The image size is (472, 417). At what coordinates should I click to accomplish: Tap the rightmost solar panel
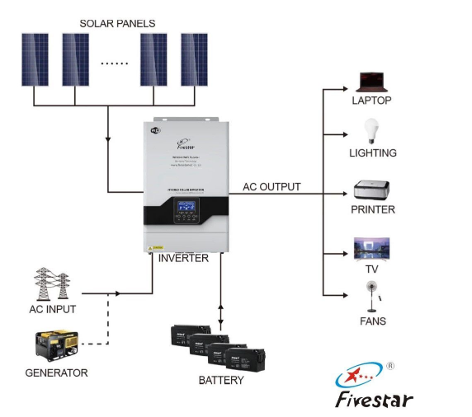click(194, 60)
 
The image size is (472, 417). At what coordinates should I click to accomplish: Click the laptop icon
click(371, 82)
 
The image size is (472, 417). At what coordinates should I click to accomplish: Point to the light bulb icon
click(371, 132)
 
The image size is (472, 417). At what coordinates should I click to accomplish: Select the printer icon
click(372, 190)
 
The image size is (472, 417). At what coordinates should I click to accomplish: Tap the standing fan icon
click(372, 296)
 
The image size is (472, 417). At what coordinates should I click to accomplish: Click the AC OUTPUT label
click(271, 187)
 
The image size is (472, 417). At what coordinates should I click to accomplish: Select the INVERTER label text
click(183, 258)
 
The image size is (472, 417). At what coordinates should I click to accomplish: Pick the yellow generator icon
click(54, 346)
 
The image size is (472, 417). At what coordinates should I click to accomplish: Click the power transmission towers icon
click(54, 284)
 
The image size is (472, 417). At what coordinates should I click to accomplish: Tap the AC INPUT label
click(52, 309)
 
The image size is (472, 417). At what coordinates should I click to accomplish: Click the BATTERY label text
click(221, 380)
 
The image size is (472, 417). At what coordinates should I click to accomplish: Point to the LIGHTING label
click(373, 153)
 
